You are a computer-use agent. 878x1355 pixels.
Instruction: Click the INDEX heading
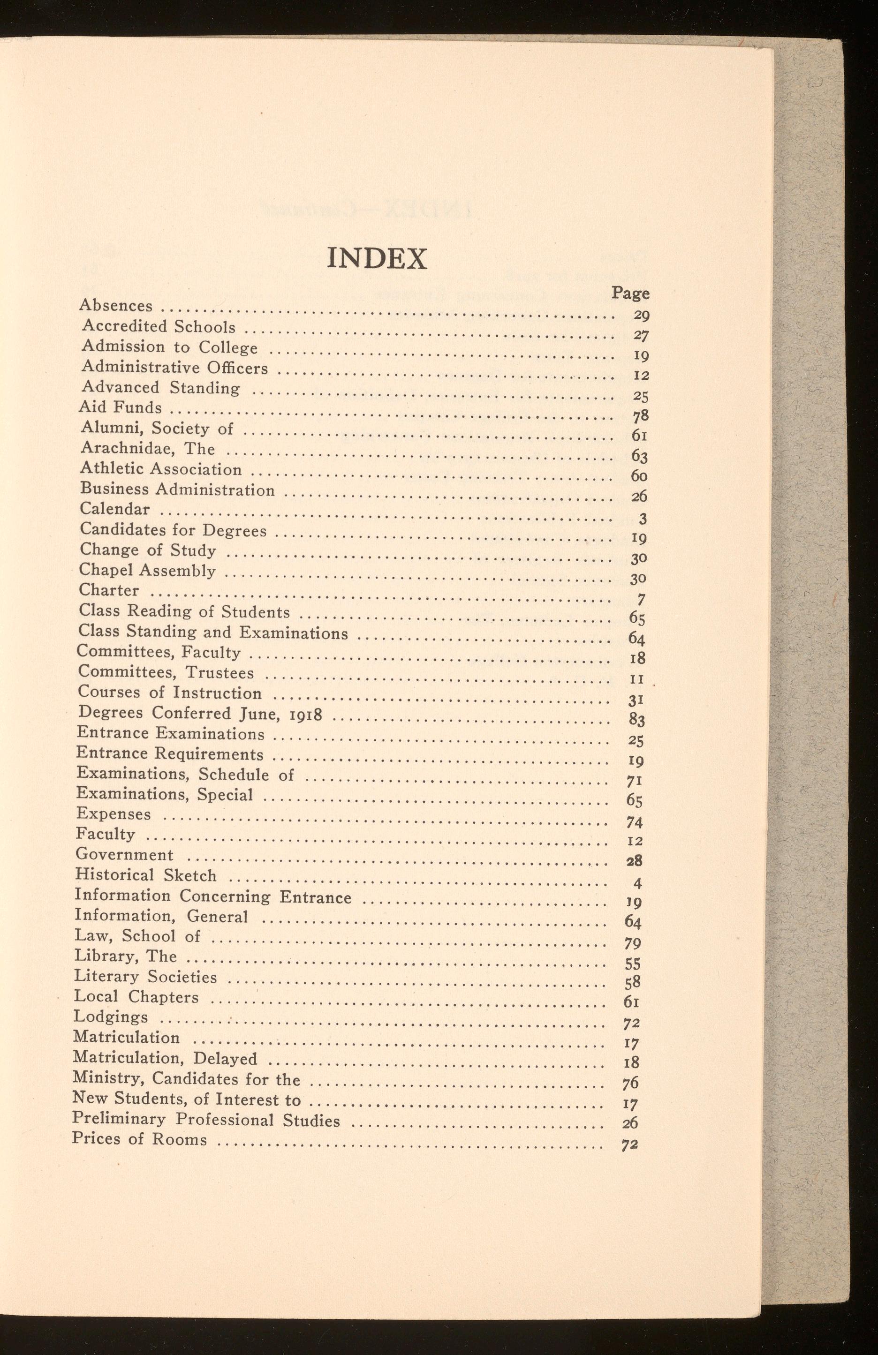(x=378, y=259)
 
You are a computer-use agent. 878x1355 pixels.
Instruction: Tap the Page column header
(x=630, y=293)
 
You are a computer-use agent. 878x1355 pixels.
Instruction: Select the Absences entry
(x=115, y=306)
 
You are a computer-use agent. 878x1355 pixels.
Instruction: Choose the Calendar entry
(x=114, y=509)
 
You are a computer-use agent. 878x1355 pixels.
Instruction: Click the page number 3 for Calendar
(x=641, y=519)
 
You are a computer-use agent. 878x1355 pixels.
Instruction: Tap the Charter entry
(x=108, y=590)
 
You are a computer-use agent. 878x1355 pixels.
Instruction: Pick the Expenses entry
(x=114, y=814)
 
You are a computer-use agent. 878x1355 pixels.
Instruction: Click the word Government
(x=124, y=855)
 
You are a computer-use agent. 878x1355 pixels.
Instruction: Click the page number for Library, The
(x=633, y=964)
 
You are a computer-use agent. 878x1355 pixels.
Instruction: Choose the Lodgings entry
(x=111, y=1017)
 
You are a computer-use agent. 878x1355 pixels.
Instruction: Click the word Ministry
(x=107, y=1079)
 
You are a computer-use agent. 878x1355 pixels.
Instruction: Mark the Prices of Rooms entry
(x=139, y=1139)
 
